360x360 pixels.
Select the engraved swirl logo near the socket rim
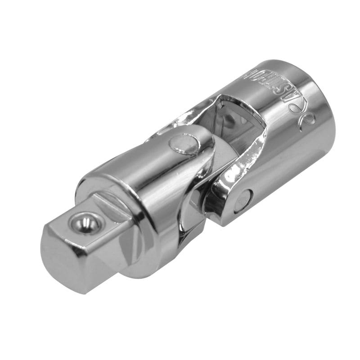[308, 118]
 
